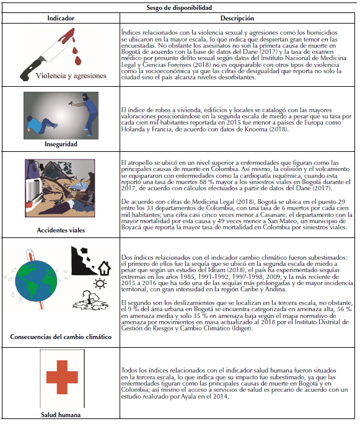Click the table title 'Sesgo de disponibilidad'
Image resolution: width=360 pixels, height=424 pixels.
179,7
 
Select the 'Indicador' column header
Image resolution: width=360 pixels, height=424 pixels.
61,18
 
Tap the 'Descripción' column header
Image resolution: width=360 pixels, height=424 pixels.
237,18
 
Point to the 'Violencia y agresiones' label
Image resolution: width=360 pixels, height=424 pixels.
71,76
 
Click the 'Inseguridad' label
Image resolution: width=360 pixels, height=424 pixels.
61,144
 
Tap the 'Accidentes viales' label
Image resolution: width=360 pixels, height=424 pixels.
61,230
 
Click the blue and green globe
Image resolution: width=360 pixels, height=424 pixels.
36,281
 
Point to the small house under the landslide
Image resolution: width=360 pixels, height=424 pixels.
104,268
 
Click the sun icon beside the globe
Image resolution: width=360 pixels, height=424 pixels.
100,284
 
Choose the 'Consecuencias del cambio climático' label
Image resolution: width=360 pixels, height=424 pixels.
61,337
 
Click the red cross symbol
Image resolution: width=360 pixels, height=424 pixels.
62,377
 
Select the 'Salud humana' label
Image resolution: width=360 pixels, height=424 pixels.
61,415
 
